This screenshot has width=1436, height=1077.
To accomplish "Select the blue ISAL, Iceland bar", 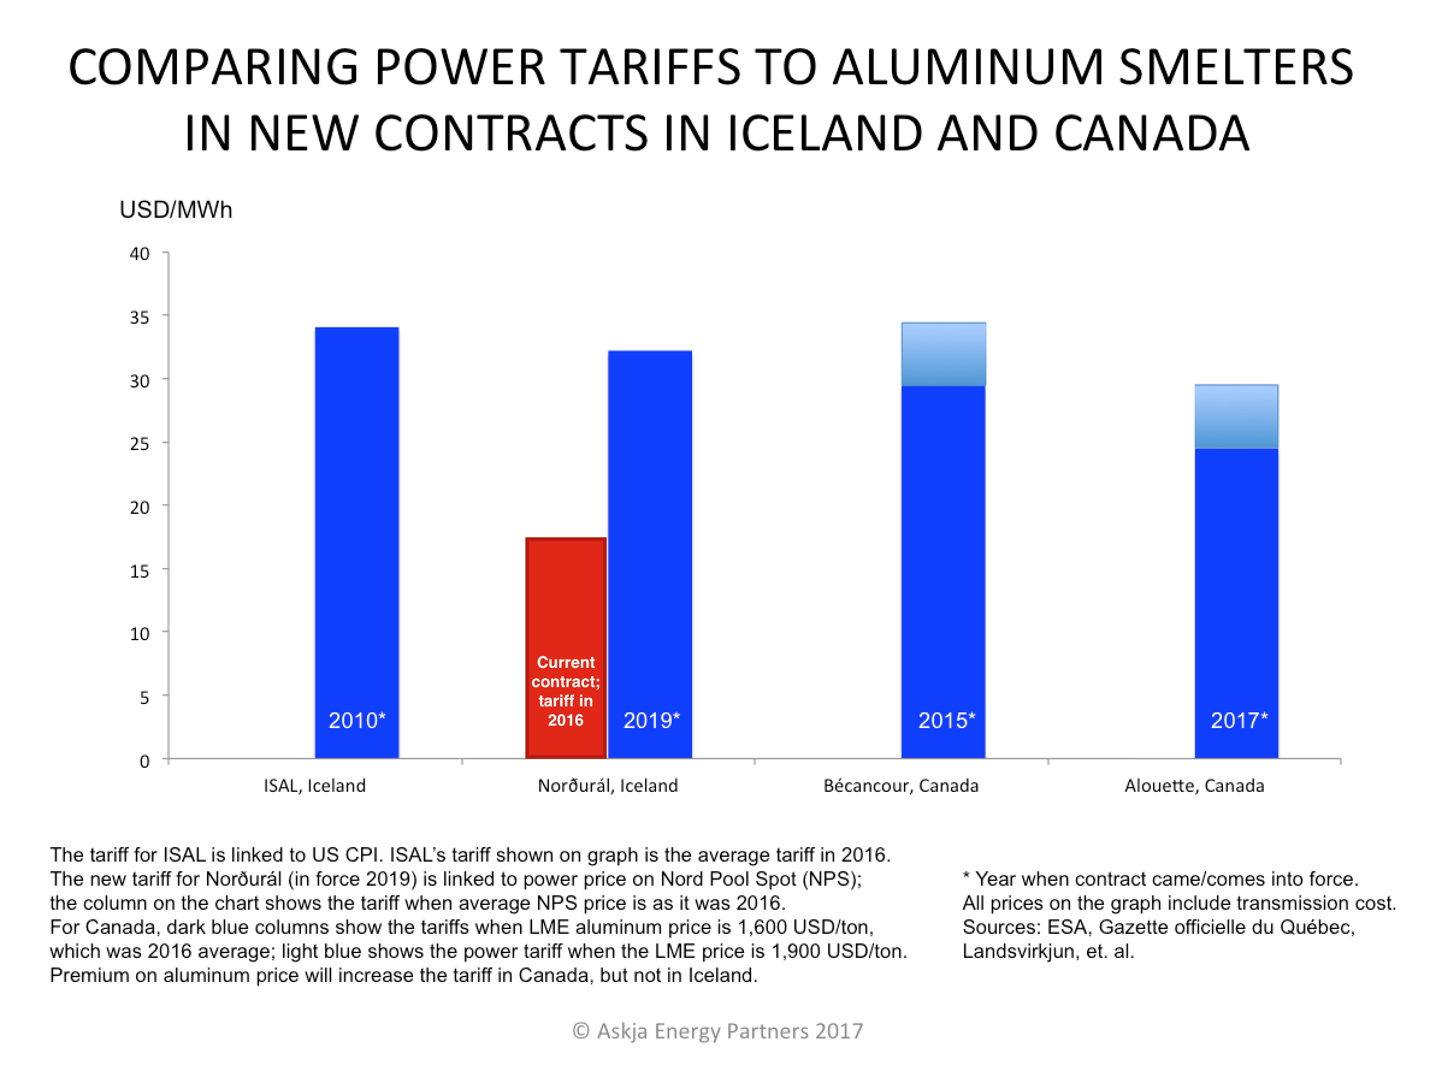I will [356, 519].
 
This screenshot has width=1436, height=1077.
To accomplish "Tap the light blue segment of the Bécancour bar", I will [943, 354].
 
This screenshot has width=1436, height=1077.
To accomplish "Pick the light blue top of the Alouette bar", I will [1236, 416].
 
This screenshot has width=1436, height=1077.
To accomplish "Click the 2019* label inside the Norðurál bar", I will [651, 720].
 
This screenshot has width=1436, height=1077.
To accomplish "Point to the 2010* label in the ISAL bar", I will [356, 720].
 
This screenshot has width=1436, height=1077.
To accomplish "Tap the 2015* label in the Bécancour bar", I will [946, 720].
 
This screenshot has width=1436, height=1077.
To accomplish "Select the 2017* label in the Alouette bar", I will [1239, 720].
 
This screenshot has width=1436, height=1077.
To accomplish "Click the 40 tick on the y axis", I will [140, 254].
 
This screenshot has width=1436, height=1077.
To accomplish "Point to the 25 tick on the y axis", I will [140, 444].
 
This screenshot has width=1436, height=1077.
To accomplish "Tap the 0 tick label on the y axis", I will [144, 761].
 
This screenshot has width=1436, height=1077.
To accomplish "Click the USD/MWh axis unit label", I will [175, 210].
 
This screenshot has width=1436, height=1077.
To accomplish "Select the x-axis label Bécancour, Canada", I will [900, 786].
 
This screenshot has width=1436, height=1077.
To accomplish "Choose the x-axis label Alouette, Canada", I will [1194, 786].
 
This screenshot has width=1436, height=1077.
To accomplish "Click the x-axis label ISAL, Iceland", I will [314, 786].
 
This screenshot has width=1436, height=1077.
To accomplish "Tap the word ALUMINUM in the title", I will [968, 67].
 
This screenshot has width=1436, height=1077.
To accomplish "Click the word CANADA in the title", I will [1151, 133].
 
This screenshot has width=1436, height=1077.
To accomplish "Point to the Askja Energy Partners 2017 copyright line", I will [717, 1031].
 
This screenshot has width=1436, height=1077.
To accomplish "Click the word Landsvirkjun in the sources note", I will [1017, 951].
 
